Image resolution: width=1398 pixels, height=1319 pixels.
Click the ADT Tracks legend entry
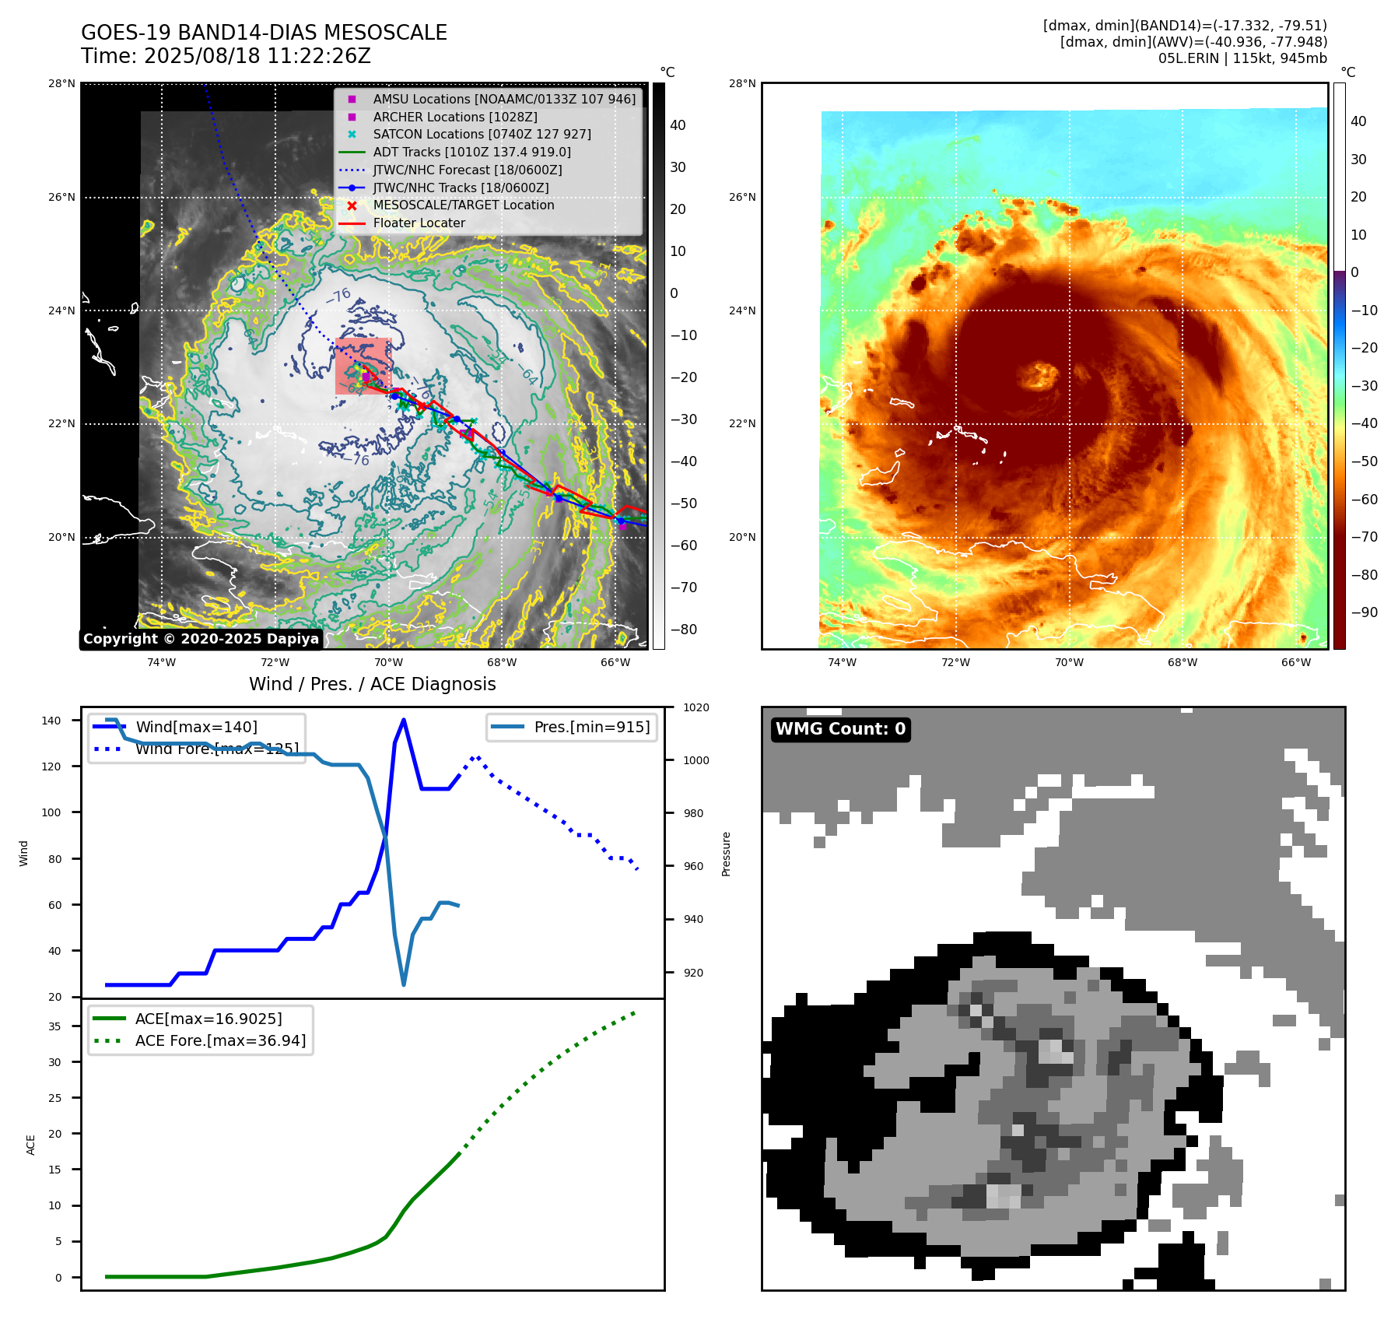point(471,153)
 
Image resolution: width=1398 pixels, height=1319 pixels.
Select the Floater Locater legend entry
point(419,223)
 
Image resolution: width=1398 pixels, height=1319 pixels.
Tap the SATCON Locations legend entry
point(482,135)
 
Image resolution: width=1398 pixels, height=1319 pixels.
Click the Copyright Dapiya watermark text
point(201,639)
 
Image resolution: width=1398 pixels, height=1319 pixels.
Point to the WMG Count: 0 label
point(840,729)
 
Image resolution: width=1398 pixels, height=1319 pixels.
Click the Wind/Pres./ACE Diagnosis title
point(372,684)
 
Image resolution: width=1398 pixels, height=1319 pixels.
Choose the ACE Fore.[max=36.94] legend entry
point(220,1041)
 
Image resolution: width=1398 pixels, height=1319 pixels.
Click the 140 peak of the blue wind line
point(403,720)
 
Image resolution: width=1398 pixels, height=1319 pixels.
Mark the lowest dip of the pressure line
point(404,984)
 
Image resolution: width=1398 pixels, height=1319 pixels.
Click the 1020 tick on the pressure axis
point(696,707)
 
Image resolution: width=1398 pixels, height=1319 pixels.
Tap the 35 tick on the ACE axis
point(54,1026)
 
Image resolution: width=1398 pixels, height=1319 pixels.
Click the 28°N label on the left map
point(62,84)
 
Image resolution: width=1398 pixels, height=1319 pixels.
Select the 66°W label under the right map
point(1296,663)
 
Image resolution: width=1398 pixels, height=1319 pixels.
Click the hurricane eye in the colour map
point(1039,376)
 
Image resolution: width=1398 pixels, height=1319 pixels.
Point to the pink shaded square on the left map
point(362,366)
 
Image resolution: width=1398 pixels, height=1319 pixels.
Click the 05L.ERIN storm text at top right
point(1242,58)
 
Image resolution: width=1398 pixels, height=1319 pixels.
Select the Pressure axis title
point(726,854)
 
